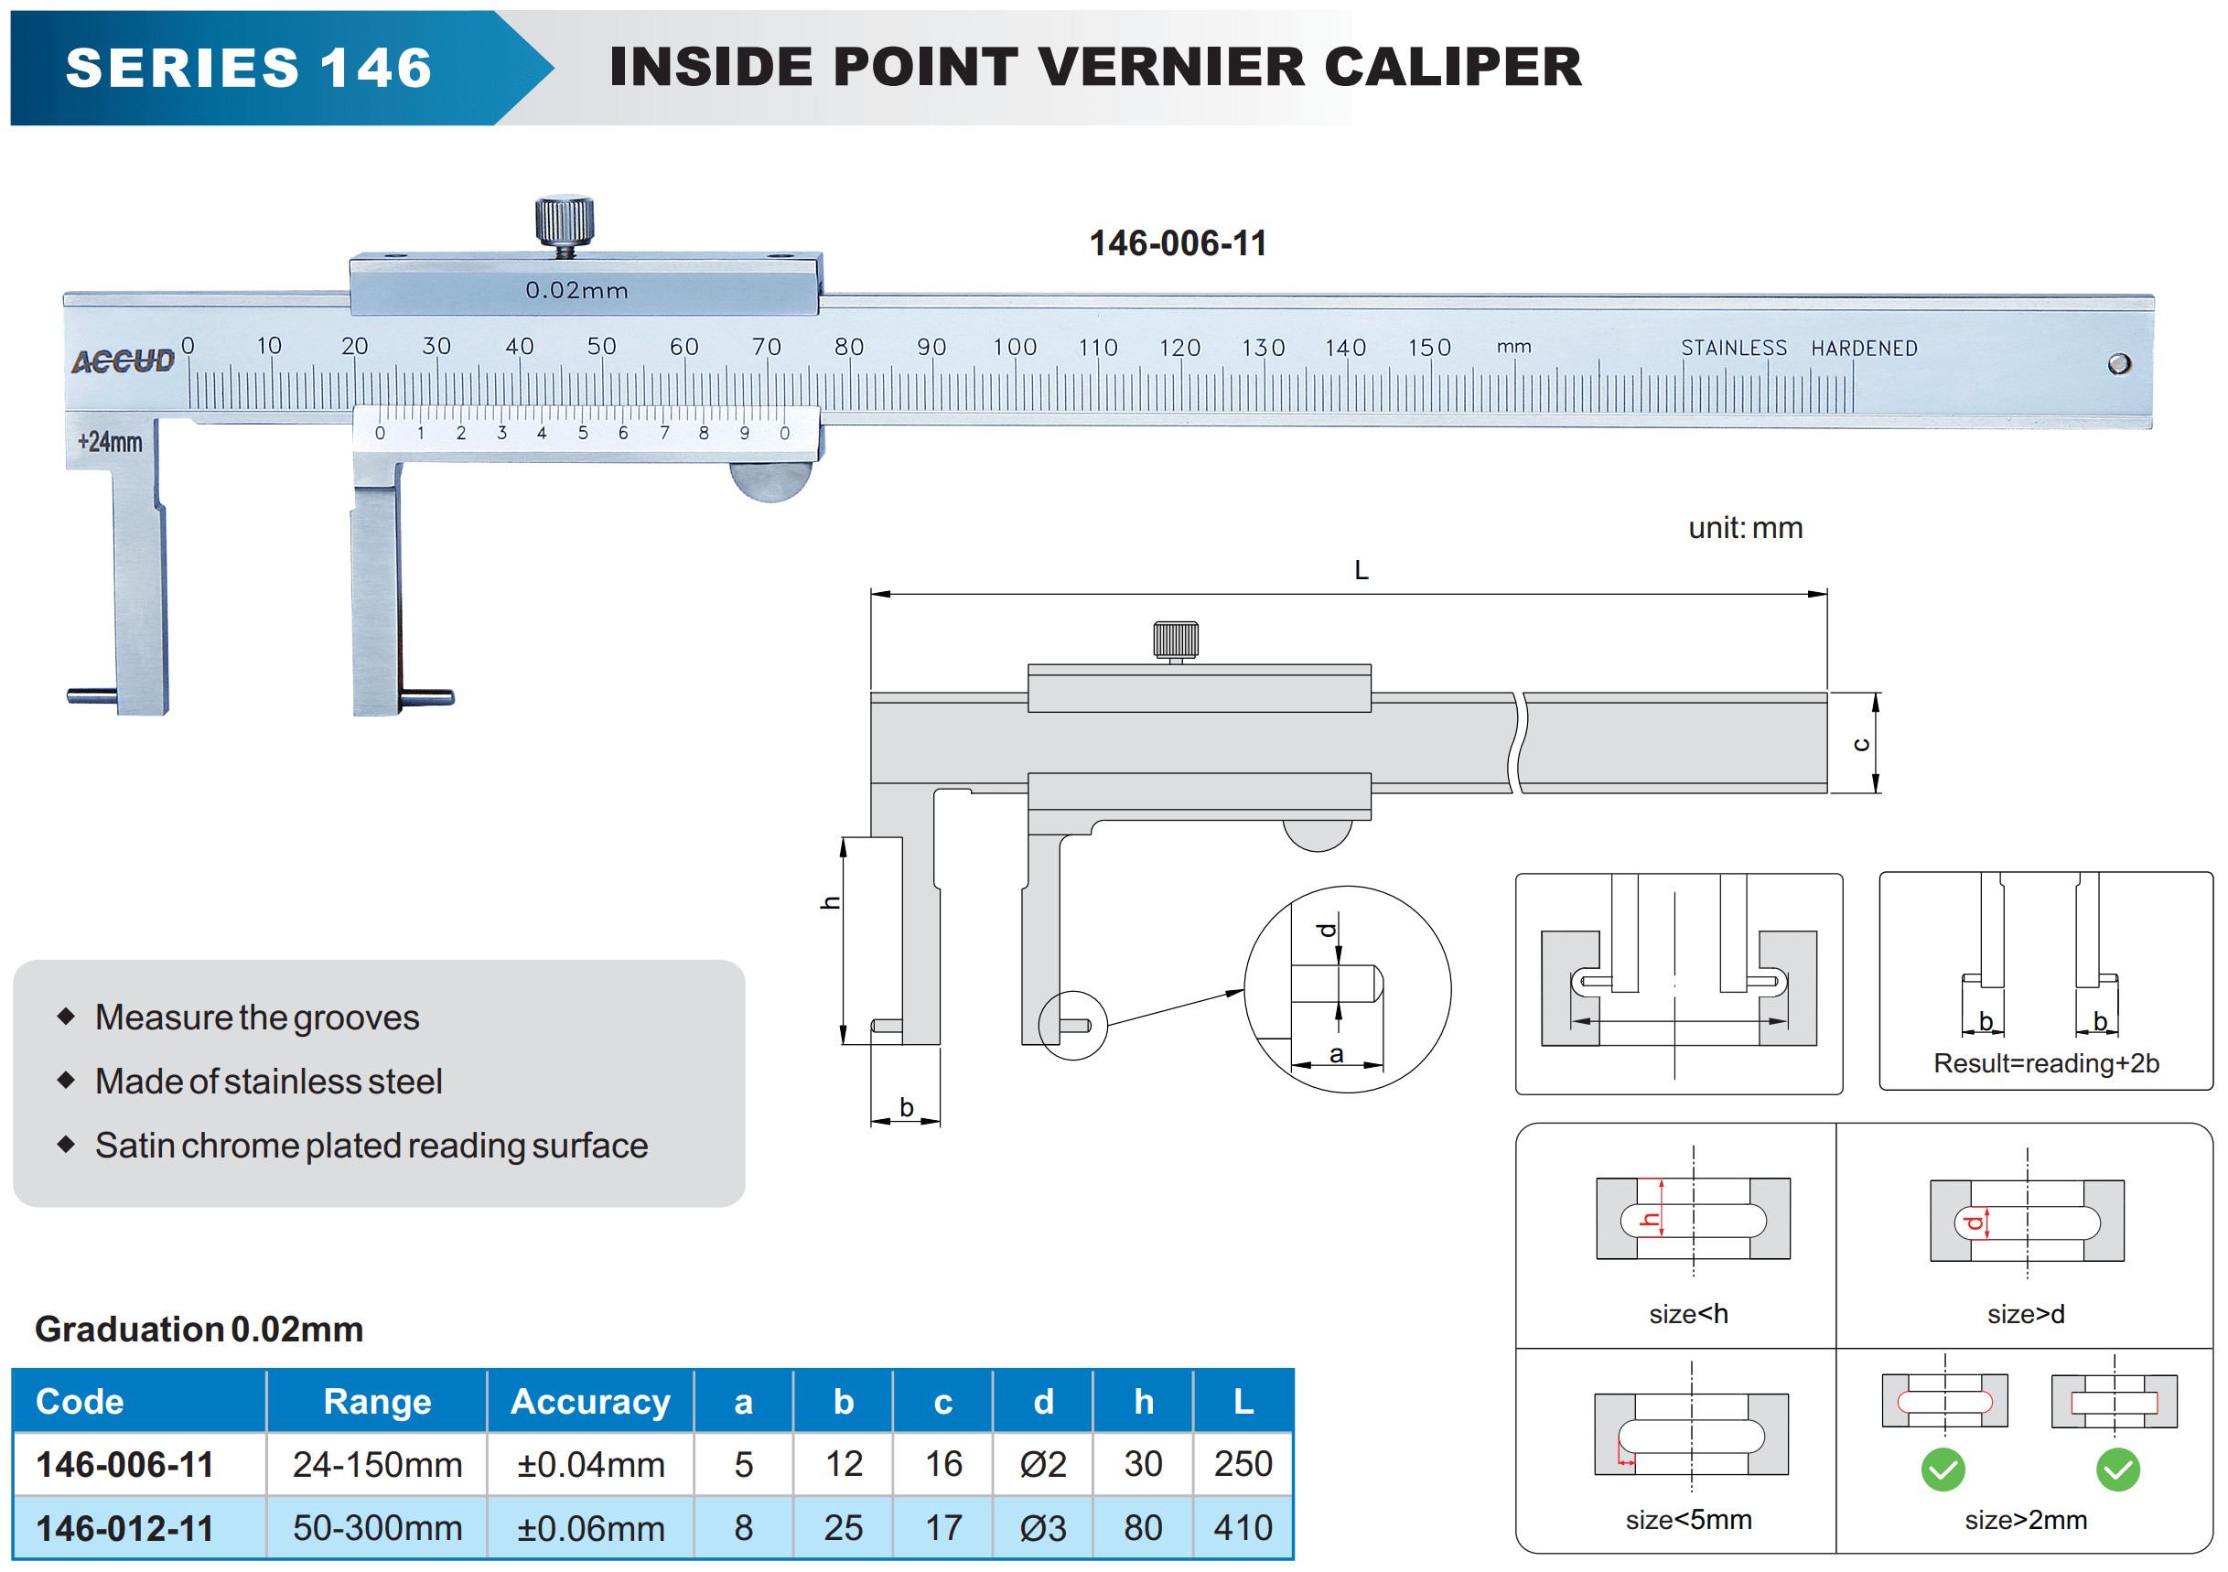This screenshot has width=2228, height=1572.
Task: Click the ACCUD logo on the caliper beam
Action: (x=124, y=361)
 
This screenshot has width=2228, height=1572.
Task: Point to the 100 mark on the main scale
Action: (x=1014, y=348)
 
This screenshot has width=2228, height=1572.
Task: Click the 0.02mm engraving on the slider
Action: (x=576, y=290)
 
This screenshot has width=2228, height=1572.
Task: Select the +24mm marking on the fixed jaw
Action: (x=110, y=443)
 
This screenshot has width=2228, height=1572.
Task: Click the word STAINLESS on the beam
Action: (x=1733, y=348)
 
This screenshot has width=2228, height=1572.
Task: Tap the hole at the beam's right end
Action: (x=2118, y=364)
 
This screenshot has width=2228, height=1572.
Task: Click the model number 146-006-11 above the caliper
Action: (x=1177, y=242)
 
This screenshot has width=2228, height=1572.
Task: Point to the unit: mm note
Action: (x=1745, y=528)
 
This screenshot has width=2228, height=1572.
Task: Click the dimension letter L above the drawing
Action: (x=1361, y=571)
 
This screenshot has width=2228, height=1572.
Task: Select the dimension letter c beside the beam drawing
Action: (x=1860, y=745)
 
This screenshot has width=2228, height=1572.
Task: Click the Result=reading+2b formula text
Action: (x=2046, y=1063)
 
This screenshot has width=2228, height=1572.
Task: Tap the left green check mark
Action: (x=1943, y=1470)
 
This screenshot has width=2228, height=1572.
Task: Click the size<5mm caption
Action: (x=1688, y=1520)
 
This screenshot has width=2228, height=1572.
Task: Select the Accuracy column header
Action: (x=590, y=1402)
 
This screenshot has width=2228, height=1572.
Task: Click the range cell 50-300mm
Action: (x=378, y=1528)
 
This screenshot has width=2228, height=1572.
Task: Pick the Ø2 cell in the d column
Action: (x=1043, y=1464)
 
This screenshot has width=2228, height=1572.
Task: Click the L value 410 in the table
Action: (x=1243, y=1528)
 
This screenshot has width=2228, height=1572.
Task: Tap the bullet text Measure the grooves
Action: (x=257, y=1017)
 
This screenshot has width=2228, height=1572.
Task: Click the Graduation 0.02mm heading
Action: (x=199, y=1330)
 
